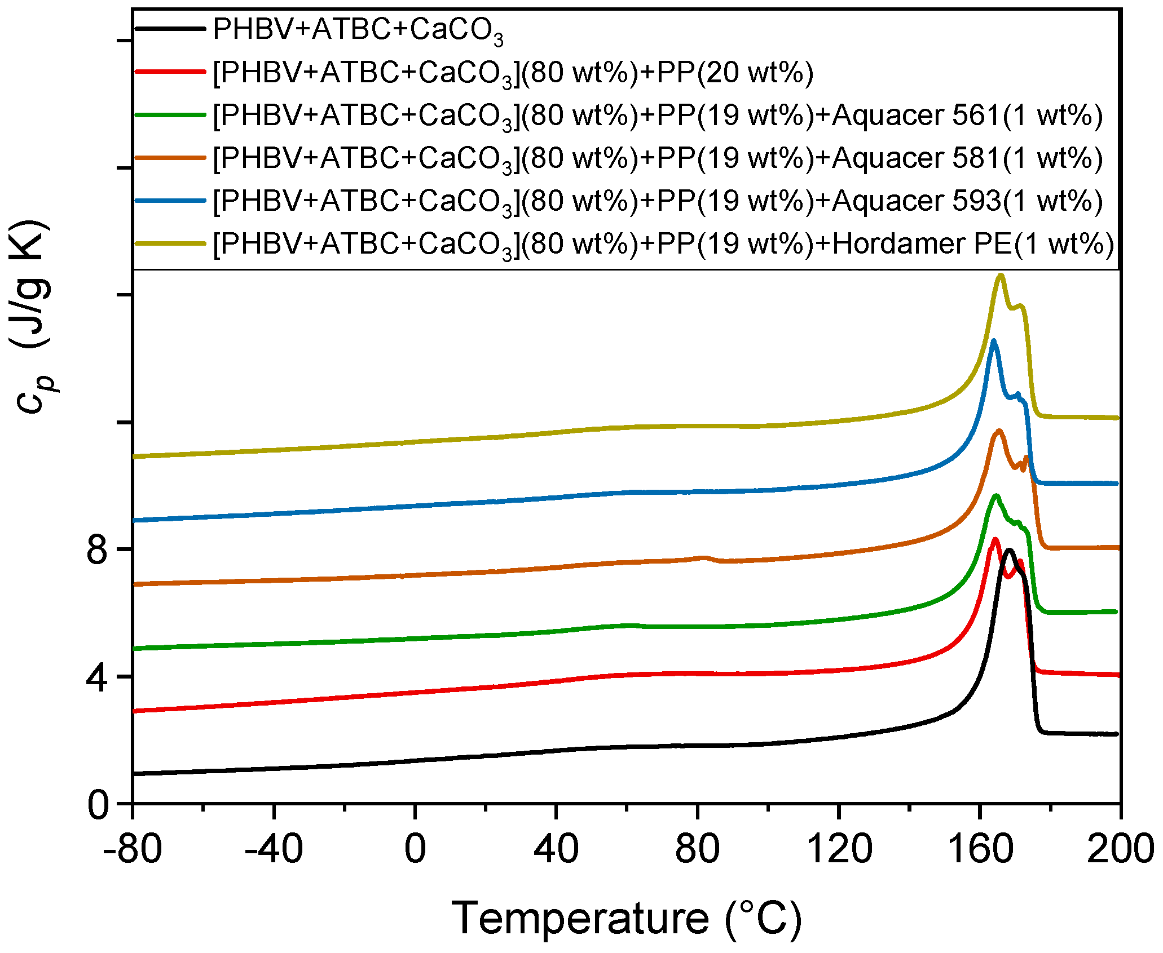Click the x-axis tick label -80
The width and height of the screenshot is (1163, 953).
133,849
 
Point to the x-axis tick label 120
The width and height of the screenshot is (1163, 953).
839,849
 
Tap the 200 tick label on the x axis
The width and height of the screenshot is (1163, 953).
1120,849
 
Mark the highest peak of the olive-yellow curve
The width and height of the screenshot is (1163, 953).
1001,276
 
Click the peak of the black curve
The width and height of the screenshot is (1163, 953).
1009,551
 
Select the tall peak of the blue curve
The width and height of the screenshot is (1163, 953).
993,341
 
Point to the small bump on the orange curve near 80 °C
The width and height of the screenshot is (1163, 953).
704,558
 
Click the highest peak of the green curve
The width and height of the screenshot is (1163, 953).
996,496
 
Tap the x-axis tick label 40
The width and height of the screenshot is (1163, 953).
556,849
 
